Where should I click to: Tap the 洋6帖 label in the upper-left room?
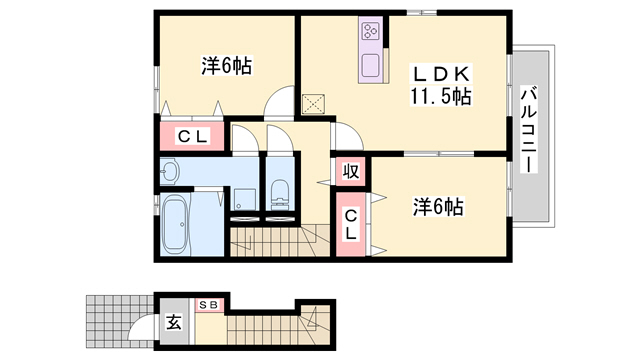[226, 66]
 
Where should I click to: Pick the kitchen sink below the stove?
[369, 66]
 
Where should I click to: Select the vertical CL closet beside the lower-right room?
[351, 225]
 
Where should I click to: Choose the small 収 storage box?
[350, 171]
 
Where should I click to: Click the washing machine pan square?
[243, 198]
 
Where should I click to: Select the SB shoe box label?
[211, 304]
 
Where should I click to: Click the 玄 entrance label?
[174, 324]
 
